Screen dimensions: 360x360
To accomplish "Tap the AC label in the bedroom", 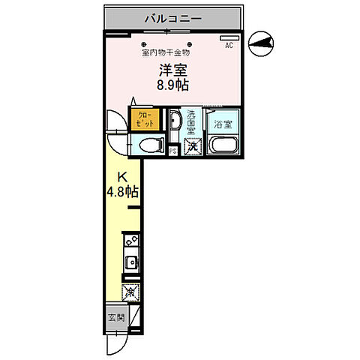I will pyautogui.click(x=229, y=45).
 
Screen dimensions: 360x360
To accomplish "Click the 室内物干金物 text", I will pyautogui.click(x=166, y=52).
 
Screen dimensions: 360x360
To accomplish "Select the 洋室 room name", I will pyautogui.click(x=172, y=70).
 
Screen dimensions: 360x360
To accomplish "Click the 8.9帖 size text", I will pyautogui.click(x=172, y=85).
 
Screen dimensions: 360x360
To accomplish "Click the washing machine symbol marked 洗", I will pyautogui.click(x=192, y=146).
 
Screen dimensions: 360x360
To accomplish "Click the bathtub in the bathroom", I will pyautogui.click(x=222, y=146).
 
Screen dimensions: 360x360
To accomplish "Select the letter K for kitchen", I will pyautogui.click(x=120, y=178).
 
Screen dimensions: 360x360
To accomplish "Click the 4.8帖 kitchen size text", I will pyautogui.click(x=122, y=191).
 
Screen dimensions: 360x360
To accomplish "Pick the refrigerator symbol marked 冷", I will pyautogui.click(x=130, y=289).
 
